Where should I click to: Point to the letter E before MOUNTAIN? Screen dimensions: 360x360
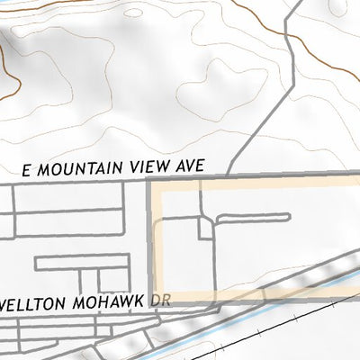(x=26, y=169)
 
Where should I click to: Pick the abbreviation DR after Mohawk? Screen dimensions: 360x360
(x=159, y=299)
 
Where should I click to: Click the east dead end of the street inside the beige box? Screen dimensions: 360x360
(x=288, y=216)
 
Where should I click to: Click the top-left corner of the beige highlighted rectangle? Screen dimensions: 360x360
(x=150, y=182)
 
